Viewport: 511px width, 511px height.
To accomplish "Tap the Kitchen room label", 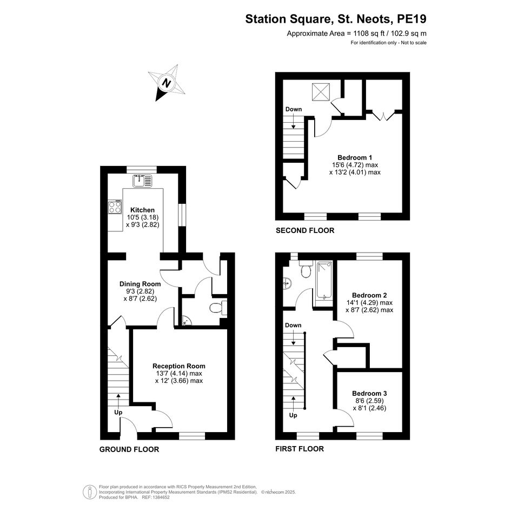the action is point(142,210).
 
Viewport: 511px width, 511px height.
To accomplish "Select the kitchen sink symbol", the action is point(142,181).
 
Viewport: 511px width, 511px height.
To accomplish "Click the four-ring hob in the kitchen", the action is point(115,207).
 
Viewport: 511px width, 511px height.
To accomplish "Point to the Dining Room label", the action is point(140,284).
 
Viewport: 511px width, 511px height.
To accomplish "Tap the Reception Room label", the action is point(179,366).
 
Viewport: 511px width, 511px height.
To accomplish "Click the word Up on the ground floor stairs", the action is point(118,412).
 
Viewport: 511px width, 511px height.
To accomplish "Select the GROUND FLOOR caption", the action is point(129,449).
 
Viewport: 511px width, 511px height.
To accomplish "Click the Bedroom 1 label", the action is point(355,158).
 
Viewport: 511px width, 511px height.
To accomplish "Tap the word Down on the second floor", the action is point(294,109).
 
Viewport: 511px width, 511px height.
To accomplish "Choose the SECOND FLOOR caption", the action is point(305,230).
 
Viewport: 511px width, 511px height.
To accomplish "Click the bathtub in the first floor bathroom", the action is point(325,280).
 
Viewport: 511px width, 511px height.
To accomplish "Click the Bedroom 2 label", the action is point(369,295).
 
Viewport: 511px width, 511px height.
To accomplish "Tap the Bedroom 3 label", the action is point(369,393).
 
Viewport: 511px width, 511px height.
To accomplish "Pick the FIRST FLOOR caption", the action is point(300,449).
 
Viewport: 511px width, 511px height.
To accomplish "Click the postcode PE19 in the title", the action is point(412,19).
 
